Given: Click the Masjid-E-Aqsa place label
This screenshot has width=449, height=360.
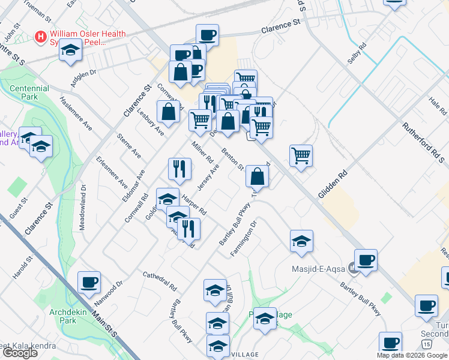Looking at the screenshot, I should pos(318,269).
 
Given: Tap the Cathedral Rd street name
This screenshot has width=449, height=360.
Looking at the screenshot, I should pos(160,280).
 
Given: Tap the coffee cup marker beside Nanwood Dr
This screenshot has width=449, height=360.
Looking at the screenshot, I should pos(89,281).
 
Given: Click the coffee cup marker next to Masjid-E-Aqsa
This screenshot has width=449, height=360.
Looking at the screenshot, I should pos(366,260).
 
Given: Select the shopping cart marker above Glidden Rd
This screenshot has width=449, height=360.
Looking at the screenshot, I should pos(301,156).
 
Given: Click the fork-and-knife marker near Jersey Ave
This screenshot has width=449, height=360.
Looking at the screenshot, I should pos(179,169).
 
